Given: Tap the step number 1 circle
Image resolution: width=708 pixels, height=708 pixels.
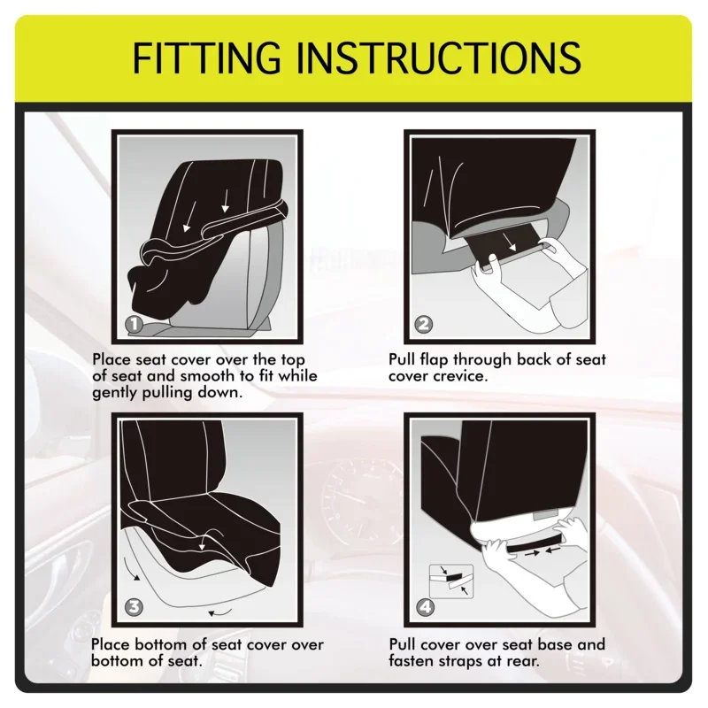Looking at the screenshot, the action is [134, 323].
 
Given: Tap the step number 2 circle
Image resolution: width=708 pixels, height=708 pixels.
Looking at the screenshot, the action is [423, 323].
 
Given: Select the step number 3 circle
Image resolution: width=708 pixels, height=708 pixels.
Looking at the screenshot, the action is [134, 606].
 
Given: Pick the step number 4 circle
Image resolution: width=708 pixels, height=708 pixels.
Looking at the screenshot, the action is [425, 607].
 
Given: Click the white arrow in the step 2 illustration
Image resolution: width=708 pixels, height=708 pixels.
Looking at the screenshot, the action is [511, 242].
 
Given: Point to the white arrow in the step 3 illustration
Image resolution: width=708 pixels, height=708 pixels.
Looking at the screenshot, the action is [204, 541].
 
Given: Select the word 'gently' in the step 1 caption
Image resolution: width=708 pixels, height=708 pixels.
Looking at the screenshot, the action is [115, 393].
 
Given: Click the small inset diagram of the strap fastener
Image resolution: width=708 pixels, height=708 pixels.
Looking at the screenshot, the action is [451, 581].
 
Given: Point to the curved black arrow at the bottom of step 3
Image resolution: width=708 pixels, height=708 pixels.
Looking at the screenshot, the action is [220, 612].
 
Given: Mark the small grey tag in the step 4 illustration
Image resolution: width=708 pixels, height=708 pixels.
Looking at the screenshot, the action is [544, 516].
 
